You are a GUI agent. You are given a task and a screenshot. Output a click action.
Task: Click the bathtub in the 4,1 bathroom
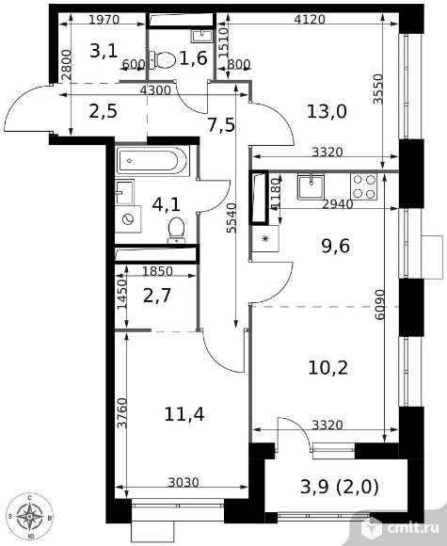152,161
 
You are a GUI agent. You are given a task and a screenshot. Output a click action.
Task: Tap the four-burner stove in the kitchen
364,186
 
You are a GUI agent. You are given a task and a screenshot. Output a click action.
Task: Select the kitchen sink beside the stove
311,186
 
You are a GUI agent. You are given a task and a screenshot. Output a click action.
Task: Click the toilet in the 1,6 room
162,60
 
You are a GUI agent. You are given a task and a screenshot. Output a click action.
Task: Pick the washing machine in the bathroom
128,219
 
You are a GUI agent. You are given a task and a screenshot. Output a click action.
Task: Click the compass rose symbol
30,516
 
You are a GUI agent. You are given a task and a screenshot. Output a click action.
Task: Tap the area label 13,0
327,112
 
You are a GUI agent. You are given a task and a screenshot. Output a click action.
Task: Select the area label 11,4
184,414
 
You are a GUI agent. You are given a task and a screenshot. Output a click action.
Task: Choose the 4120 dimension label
310,19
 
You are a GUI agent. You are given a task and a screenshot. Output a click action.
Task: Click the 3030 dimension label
184,482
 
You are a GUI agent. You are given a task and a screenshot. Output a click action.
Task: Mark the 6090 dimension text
380,304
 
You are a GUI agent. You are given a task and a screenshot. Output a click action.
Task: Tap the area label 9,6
335,247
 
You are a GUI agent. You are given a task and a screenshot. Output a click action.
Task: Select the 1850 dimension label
157,271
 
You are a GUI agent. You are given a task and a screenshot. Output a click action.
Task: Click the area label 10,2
327,368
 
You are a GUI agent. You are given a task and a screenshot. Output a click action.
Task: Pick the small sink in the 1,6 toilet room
201,35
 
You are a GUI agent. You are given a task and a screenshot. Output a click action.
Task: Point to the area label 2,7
156,296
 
